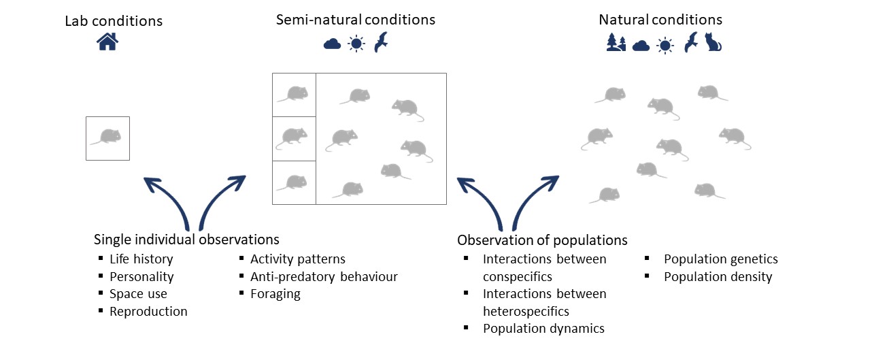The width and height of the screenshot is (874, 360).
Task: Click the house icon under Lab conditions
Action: (x=107, y=42)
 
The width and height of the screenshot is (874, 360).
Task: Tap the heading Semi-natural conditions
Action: (x=356, y=20)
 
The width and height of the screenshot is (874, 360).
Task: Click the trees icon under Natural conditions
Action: (x=616, y=44)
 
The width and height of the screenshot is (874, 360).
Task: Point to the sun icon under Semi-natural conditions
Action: (x=356, y=44)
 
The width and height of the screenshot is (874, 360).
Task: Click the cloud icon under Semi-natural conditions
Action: (x=332, y=44)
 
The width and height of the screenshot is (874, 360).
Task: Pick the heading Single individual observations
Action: (x=186, y=240)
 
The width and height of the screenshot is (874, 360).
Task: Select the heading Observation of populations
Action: (x=542, y=240)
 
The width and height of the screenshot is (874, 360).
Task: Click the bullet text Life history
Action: (x=141, y=259)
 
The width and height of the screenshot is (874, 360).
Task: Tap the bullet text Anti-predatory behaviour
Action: (x=324, y=277)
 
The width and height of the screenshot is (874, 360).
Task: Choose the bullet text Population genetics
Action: (x=720, y=259)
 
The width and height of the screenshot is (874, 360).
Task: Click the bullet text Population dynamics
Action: (x=543, y=329)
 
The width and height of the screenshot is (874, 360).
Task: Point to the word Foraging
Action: (x=275, y=294)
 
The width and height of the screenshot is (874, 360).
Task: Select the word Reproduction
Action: (x=148, y=312)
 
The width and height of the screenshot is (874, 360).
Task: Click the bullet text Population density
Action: (x=718, y=277)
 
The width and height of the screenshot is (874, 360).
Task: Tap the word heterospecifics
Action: (x=526, y=311)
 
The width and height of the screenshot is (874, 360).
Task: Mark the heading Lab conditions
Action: (x=114, y=20)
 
